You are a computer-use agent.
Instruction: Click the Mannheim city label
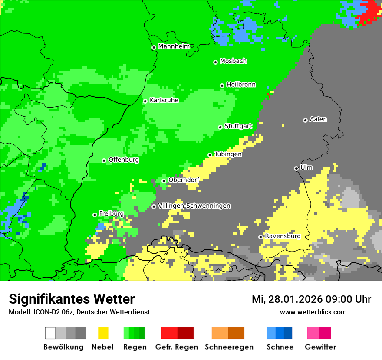click(x=174, y=46)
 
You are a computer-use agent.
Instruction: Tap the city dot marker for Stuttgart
click(x=221, y=127)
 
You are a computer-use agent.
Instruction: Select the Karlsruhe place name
click(x=164, y=100)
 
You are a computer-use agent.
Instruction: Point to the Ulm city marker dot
click(x=296, y=168)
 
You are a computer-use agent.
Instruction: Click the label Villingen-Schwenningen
click(x=194, y=206)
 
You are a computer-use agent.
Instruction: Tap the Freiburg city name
click(x=111, y=214)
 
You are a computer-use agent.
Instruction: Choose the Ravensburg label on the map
click(x=283, y=236)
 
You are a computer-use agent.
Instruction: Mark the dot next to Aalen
click(x=305, y=120)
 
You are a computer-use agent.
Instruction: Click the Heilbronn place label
click(x=241, y=85)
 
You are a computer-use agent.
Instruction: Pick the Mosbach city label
click(x=233, y=61)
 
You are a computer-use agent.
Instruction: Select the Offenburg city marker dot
click(x=104, y=160)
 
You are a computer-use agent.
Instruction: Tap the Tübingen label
click(x=228, y=154)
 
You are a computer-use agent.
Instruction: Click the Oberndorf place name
click(x=184, y=180)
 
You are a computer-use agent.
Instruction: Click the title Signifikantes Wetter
click(x=72, y=299)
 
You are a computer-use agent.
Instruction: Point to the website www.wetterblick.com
click(x=313, y=312)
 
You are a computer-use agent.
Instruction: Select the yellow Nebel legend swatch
click(x=103, y=333)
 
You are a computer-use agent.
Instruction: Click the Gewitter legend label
click(x=320, y=347)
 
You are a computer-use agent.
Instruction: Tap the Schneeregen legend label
click(x=229, y=347)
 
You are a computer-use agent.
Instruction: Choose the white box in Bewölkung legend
click(x=50, y=333)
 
